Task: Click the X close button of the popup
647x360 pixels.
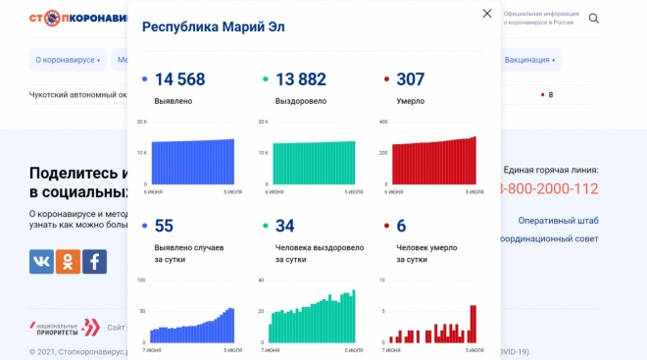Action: click(x=487, y=14)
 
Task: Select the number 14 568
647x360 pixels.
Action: click(x=179, y=81)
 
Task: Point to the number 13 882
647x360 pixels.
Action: click(x=299, y=81)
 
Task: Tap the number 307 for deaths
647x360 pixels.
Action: click(x=411, y=81)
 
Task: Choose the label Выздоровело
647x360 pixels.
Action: click(x=295, y=102)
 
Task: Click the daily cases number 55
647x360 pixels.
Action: click(x=164, y=226)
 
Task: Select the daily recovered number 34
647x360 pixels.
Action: click(x=284, y=226)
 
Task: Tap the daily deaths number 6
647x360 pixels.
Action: click(x=401, y=226)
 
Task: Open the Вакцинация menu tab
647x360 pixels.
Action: click(x=529, y=60)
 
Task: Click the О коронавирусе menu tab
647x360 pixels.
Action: click(x=68, y=60)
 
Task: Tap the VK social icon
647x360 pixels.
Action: click(x=41, y=261)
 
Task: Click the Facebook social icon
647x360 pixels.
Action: click(x=94, y=261)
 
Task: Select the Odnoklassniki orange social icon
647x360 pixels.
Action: click(x=68, y=261)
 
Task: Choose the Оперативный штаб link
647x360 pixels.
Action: click(x=558, y=220)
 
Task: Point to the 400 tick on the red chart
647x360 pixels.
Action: click(x=383, y=122)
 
